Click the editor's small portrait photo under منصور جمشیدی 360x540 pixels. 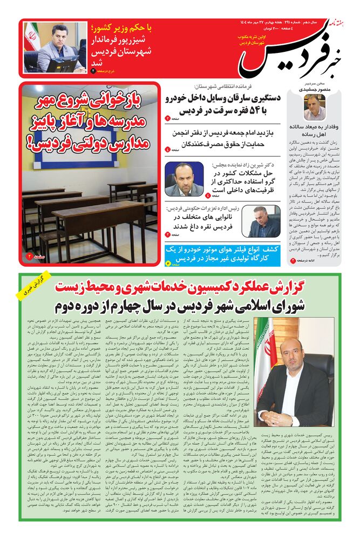[314, 107]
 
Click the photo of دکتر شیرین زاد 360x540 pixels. [184, 179]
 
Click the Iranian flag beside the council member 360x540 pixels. [264, 346]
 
